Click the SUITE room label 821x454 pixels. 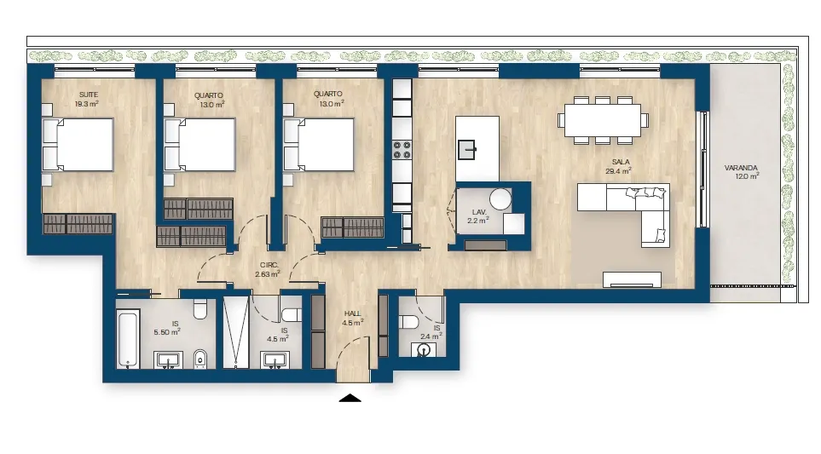coord(89,95)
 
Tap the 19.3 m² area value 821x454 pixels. coord(87,104)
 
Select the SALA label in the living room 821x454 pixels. coord(621,162)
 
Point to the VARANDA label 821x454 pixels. coord(741,168)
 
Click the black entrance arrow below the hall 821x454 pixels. coord(350,398)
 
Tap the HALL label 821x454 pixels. coord(352,313)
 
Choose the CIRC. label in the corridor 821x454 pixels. coord(269,265)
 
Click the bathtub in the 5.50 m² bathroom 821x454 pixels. coord(128,339)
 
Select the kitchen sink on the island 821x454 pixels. coord(466,150)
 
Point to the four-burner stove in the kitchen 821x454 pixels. coord(402,150)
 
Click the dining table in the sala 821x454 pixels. coord(603,120)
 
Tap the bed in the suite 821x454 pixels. coord(78,145)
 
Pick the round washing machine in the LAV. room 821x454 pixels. coord(500,199)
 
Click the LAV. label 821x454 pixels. coord(479,212)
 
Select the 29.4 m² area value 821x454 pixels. coord(618,171)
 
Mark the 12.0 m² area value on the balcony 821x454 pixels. coord(747,177)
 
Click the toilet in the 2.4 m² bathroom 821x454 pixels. coord(408,320)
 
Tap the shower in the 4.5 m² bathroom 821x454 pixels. coord(235,332)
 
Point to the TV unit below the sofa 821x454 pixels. coord(632,280)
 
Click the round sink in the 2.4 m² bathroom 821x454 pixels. coord(423,349)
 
